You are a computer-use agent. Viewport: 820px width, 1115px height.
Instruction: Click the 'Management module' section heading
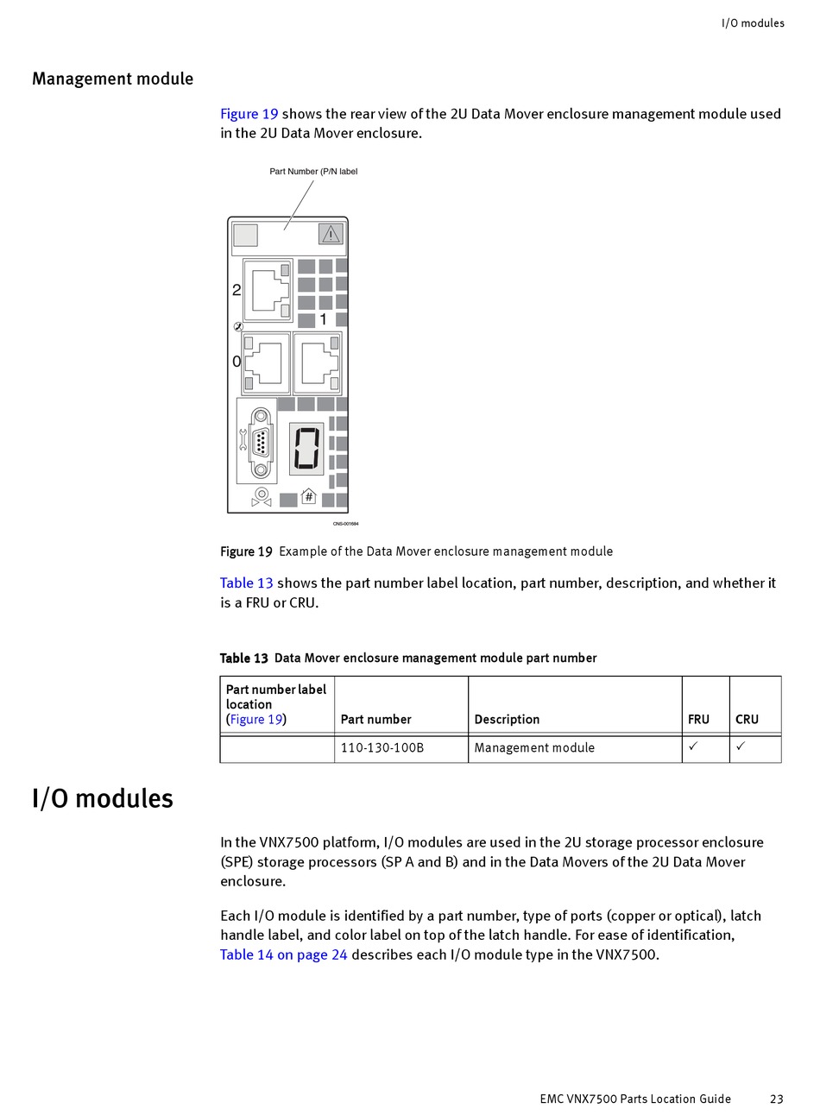[x=112, y=79]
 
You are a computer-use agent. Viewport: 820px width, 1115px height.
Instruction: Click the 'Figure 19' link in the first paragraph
[x=249, y=114]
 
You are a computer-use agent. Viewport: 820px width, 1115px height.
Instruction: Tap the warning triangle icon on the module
[x=331, y=234]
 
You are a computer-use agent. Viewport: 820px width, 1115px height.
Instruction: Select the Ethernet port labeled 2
[x=268, y=290]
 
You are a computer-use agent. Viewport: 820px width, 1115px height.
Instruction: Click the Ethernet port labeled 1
[x=317, y=363]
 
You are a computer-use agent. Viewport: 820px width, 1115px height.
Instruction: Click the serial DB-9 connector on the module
[x=261, y=442]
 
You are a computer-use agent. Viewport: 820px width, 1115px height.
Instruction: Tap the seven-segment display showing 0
[x=306, y=448]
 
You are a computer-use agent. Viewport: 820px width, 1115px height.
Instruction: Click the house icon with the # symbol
[x=308, y=497]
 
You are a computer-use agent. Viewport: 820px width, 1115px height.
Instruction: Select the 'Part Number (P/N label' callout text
[x=313, y=172]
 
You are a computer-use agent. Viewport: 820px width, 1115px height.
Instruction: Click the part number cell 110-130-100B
[x=382, y=748]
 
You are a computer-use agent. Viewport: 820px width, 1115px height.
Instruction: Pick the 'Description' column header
[x=507, y=719]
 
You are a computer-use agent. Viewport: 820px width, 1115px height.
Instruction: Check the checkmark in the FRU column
[x=693, y=746]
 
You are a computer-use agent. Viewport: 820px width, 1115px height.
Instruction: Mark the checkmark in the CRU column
[x=741, y=746]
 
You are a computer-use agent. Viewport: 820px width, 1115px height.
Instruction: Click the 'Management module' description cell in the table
[x=534, y=748]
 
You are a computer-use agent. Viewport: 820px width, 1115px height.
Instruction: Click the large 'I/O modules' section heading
[x=103, y=798]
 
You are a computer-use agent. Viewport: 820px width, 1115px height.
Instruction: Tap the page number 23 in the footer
[x=777, y=1099]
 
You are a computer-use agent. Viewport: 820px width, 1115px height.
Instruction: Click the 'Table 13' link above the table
[x=246, y=583]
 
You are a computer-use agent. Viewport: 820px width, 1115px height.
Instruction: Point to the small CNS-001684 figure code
[x=345, y=524]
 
